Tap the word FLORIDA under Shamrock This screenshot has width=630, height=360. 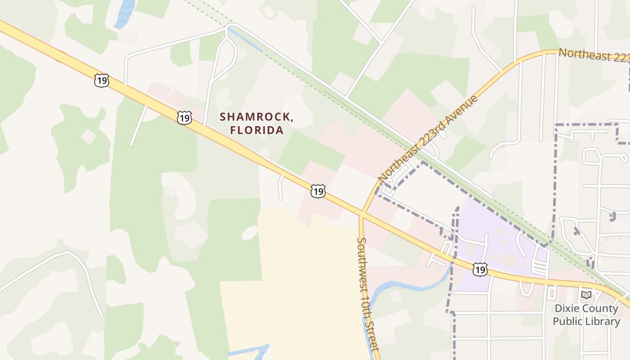coord(257,130)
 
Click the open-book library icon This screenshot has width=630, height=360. coord(586,295)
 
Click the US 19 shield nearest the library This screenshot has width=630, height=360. coord(480,270)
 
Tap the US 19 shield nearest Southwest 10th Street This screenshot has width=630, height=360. coord(318,191)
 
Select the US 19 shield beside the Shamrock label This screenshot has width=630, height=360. coord(184,118)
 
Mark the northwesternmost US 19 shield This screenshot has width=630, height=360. coord(102,81)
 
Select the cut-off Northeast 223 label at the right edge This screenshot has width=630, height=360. coord(593,55)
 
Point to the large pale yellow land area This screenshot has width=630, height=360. coord(292,288)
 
